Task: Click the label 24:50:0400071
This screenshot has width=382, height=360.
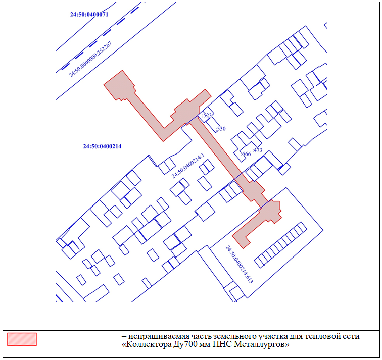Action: click(x=89, y=14)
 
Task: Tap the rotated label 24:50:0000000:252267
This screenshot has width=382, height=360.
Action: click(x=90, y=60)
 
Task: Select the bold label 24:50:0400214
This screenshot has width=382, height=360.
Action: click(x=102, y=146)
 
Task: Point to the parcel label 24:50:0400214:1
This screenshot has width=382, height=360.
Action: click(x=188, y=166)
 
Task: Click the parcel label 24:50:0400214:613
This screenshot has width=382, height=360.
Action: click(x=239, y=265)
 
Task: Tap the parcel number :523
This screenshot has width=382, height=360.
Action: click(x=207, y=115)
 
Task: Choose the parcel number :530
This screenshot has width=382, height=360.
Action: click(x=220, y=129)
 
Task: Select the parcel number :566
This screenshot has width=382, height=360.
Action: click(x=246, y=154)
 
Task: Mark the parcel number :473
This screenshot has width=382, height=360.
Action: click(x=257, y=150)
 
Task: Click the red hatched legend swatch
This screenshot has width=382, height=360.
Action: click(x=22, y=339)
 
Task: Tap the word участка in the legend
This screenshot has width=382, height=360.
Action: click(x=271, y=337)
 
